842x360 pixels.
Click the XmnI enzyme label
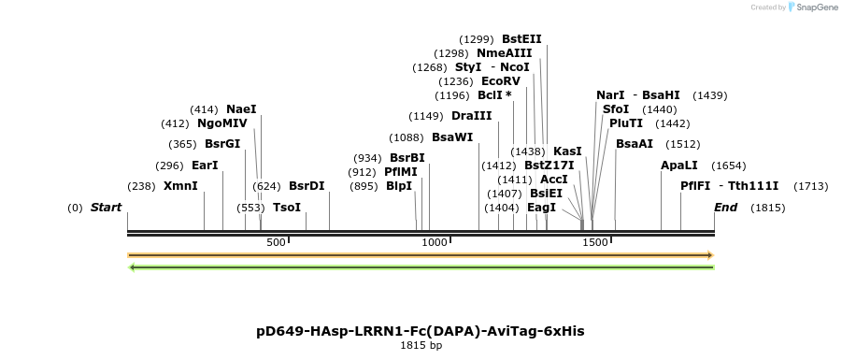180,186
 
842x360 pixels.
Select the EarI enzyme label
205,166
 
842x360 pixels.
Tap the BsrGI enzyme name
222,144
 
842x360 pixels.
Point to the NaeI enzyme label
241,109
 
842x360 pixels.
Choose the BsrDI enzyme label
307,186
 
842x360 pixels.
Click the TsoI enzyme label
287,208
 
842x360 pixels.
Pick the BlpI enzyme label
399,186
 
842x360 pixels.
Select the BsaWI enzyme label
452,137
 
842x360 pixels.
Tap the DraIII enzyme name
471,116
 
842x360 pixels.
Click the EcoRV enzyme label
501,81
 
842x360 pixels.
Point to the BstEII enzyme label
521,39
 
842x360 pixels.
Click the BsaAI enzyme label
635,144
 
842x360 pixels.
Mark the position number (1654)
729,166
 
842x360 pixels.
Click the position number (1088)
407,137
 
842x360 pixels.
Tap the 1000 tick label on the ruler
435,243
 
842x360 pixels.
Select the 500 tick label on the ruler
276,243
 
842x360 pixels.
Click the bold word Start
107,208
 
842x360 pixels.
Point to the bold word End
726,208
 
